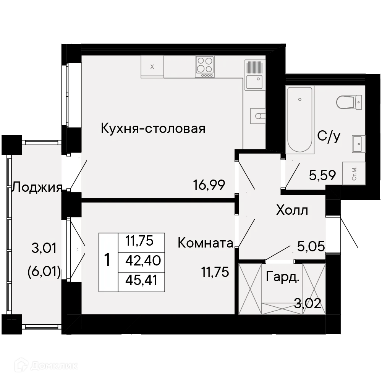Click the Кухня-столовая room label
[153, 128]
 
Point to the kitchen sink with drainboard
[254, 75]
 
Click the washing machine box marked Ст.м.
[354, 173]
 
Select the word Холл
[292, 210]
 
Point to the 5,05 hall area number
[311, 247]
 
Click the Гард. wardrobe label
[283, 278]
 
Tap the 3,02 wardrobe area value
[307, 304]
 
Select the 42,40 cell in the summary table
[142, 261]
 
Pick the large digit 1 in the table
[108, 261]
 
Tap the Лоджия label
[37, 187]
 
